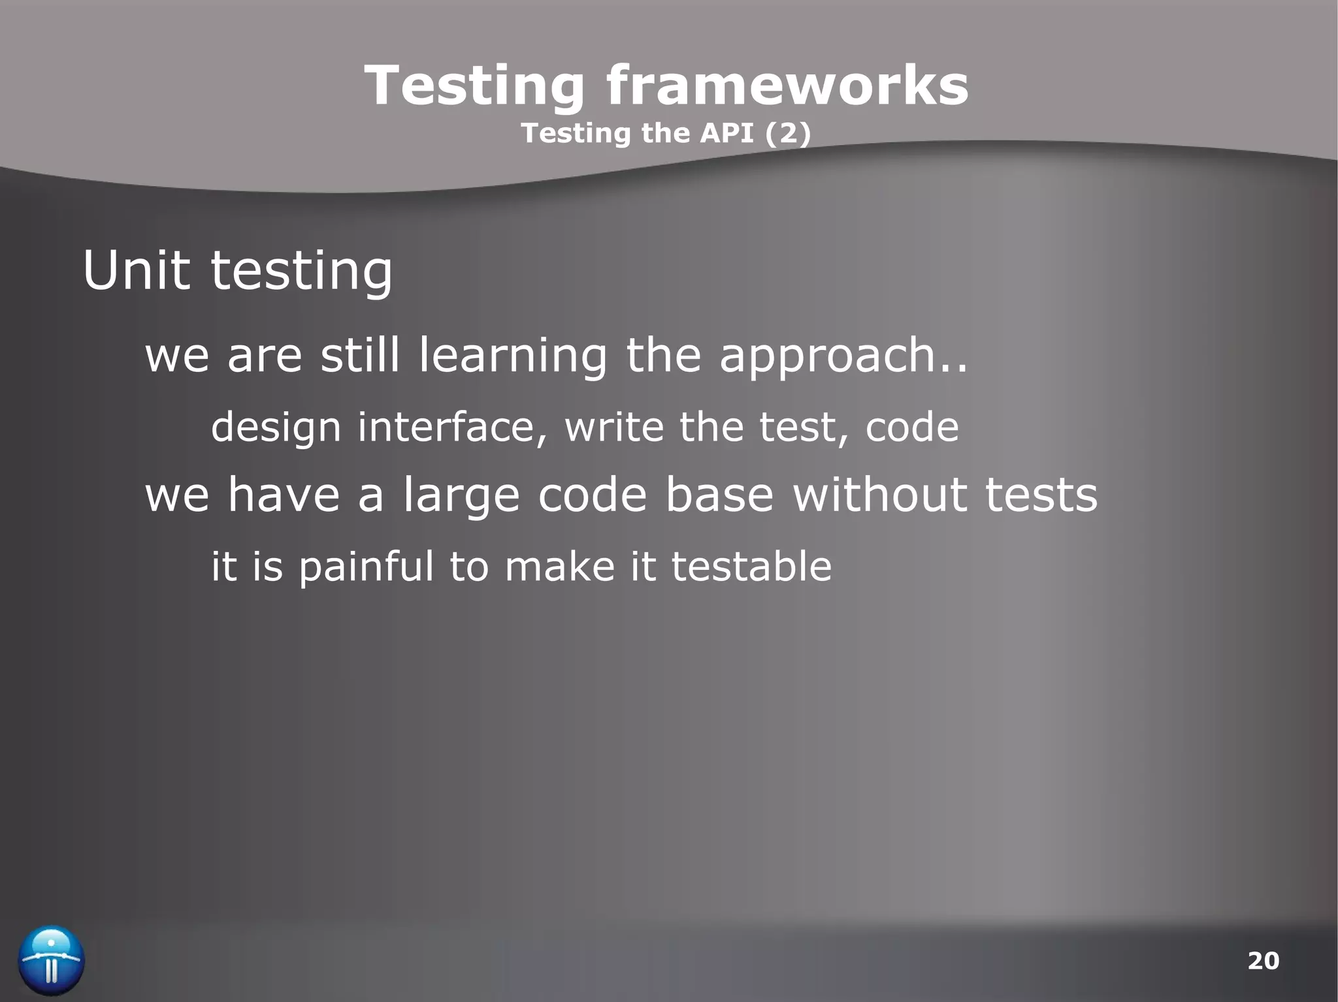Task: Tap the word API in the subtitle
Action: [726, 133]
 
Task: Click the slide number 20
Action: [1263, 960]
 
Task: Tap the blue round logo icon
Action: [51, 960]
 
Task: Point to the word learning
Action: [513, 356]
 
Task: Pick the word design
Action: [276, 427]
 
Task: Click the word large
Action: [461, 495]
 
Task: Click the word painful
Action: [366, 566]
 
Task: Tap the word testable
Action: [751, 566]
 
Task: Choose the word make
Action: [559, 566]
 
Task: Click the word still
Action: [359, 356]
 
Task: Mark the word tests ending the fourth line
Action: [1041, 495]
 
